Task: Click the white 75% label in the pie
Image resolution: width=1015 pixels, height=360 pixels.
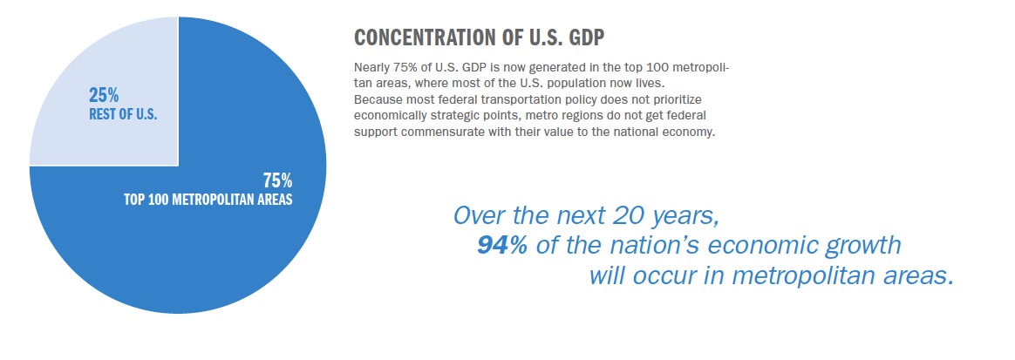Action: tap(277, 180)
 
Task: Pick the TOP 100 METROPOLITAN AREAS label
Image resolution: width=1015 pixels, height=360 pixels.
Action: tap(208, 200)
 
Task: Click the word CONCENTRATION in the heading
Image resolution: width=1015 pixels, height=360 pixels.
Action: tap(426, 38)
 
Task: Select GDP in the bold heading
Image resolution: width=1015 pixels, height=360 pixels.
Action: tap(583, 38)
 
